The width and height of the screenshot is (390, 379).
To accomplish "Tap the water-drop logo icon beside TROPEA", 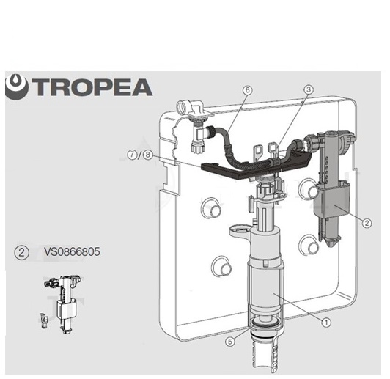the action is pos(17,87).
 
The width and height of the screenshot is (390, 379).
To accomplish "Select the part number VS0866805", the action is pos(72,251).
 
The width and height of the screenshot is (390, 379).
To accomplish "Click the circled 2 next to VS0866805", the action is pos(22,252).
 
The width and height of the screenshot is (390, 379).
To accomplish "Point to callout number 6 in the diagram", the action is pos(247,89).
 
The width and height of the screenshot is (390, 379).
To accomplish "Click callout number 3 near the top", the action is pos(309,89).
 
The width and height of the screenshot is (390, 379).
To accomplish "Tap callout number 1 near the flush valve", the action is pos(326,323).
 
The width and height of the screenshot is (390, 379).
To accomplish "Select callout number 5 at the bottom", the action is pos(230,341).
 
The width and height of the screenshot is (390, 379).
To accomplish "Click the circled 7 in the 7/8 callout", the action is pos(132,155).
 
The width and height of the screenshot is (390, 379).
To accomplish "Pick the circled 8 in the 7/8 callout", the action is pos(147,155).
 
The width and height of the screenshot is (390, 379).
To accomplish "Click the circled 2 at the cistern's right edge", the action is pos(367,223).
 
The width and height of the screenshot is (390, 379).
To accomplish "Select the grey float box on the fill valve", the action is pos(332,200).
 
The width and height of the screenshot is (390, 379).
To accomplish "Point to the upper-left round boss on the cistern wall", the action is pos(211,208).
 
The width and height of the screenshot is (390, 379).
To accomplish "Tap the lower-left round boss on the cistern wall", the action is pos(221,266).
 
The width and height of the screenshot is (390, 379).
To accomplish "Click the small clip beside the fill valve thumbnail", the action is pos(44,320).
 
